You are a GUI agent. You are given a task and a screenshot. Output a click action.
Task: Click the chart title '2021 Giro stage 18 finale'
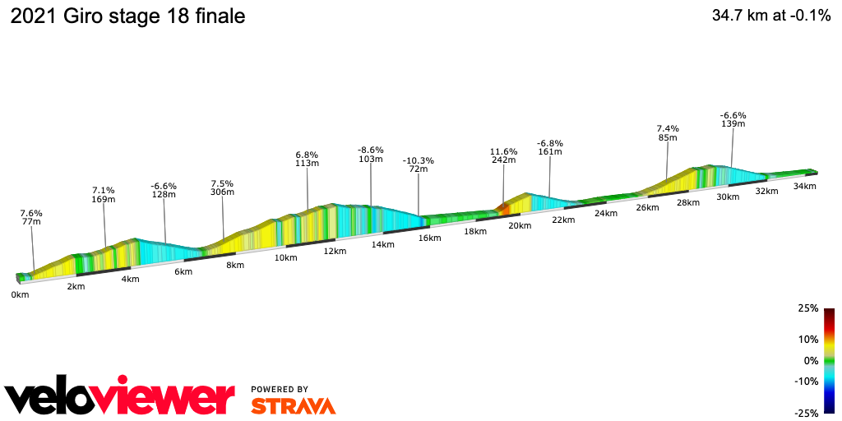127,16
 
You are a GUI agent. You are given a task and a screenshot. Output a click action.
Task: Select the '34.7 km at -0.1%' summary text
770,16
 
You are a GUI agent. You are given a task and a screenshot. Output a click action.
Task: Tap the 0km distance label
20,294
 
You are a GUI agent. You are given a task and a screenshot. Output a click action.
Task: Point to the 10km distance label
285,257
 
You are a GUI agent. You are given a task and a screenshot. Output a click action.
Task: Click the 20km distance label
519,225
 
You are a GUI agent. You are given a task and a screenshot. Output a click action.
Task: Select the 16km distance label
429,238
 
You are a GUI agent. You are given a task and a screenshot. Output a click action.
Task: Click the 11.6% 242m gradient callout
503,156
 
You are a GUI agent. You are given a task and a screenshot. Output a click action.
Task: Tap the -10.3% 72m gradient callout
419,164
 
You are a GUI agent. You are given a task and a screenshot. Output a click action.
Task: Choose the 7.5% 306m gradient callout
223,187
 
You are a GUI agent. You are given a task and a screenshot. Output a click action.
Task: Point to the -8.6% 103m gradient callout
371,154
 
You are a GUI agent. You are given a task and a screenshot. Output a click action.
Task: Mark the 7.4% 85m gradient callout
667,133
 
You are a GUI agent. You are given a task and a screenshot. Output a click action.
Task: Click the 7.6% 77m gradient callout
31,217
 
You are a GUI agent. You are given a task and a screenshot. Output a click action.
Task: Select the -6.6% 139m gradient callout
733,119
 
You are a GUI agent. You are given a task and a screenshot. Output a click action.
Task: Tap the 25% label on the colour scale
807,308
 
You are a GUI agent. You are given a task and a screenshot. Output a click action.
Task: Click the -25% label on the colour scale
806,413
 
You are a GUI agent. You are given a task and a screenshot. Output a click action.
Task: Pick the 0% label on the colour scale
810,360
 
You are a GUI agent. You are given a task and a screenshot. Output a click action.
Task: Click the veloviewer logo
120,398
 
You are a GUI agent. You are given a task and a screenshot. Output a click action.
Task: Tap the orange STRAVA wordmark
293,406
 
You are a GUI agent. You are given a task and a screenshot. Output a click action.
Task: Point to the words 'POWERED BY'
280,389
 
